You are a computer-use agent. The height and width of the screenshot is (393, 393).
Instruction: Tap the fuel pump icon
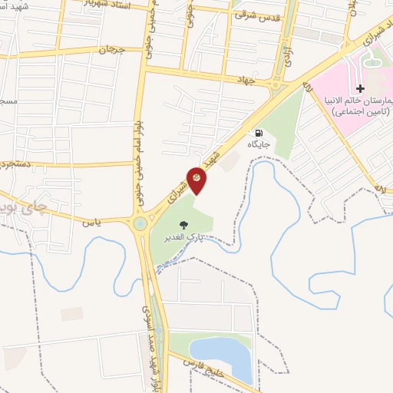tap(256, 131)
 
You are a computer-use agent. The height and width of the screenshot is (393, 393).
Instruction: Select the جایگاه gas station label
tap(256, 144)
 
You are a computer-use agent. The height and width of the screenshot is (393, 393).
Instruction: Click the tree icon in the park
tap(183, 225)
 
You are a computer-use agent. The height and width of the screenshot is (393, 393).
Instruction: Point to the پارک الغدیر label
tap(182, 237)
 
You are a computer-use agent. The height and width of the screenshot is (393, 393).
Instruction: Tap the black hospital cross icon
tap(361, 89)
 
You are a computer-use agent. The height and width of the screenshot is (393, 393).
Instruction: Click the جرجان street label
tap(111, 50)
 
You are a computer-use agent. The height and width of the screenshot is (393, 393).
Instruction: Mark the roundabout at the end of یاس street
tap(140, 224)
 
